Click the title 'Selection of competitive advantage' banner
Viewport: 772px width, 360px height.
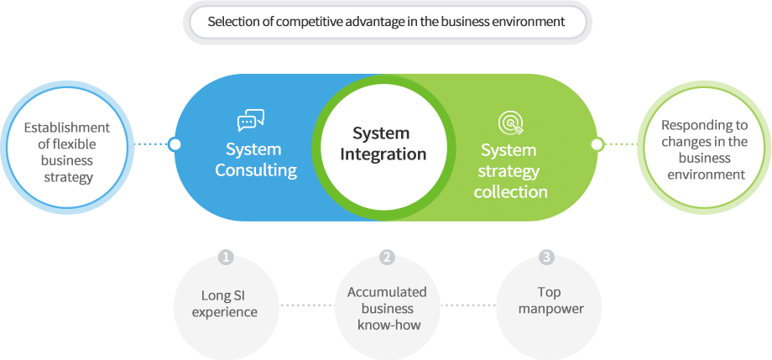point(387,22)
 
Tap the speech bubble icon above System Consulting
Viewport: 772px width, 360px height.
point(251,122)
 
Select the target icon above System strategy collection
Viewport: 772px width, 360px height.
point(510,123)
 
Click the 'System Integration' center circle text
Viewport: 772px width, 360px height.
point(383,143)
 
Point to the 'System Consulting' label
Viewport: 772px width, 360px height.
point(255,159)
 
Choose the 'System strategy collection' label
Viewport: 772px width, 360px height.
point(509,171)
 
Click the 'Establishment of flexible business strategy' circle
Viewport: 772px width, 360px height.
point(66,147)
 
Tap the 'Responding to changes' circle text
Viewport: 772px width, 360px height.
point(704,149)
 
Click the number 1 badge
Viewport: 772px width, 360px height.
point(225,257)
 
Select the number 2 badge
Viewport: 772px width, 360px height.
point(386,257)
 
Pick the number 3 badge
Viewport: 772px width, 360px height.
point(547,257)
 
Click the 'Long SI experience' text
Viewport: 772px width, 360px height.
point(224,303)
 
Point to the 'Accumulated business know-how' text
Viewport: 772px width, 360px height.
point(387,308)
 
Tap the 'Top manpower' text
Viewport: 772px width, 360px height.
point(550,300)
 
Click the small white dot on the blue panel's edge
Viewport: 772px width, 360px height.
point(175,144)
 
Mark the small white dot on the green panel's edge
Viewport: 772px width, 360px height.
point(597,144)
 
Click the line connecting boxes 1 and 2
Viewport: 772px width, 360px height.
point(306,305)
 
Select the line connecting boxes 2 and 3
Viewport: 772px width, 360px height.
point(467,305)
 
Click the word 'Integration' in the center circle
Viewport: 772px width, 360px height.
point(383,154)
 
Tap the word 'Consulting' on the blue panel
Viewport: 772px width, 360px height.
point(256,170)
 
